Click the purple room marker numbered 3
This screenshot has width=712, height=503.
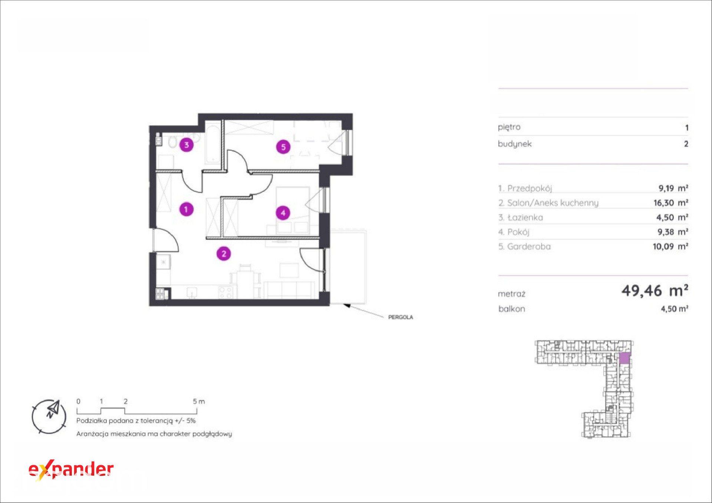[x=187, y=145]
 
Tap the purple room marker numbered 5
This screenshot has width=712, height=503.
[x=283, y=147]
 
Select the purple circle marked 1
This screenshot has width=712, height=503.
[x=186, y=209]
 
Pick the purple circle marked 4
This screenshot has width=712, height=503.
[x=283, y=213]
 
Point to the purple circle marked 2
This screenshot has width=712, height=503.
[x=224, y=254]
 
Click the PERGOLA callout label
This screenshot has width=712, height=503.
[x=400, y=317]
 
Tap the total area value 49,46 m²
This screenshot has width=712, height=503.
[x=655, y=291]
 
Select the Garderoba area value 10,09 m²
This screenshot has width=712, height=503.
[x=670, y=246]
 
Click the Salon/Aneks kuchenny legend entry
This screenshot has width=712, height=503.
[x=548, y=203]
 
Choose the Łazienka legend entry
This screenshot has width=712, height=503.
[x=521, y=218]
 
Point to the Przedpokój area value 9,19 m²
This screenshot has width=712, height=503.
[x=673, y=188]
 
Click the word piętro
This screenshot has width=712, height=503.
[x=509, y=128]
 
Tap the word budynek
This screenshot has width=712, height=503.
[x=515, y=144]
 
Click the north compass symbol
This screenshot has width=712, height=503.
[x=49, y=417]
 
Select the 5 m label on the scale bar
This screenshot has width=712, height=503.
[x=199, y=401]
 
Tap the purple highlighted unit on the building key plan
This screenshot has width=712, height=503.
[x=624, y=358]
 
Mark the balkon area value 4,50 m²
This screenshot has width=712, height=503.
[x=675, y=309]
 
